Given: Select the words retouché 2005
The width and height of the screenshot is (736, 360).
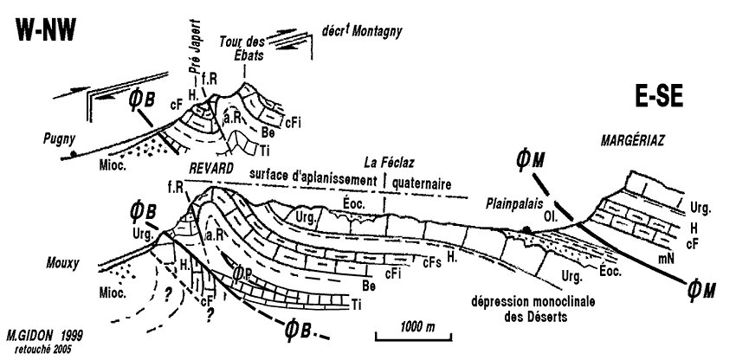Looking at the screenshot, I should [38, 346].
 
